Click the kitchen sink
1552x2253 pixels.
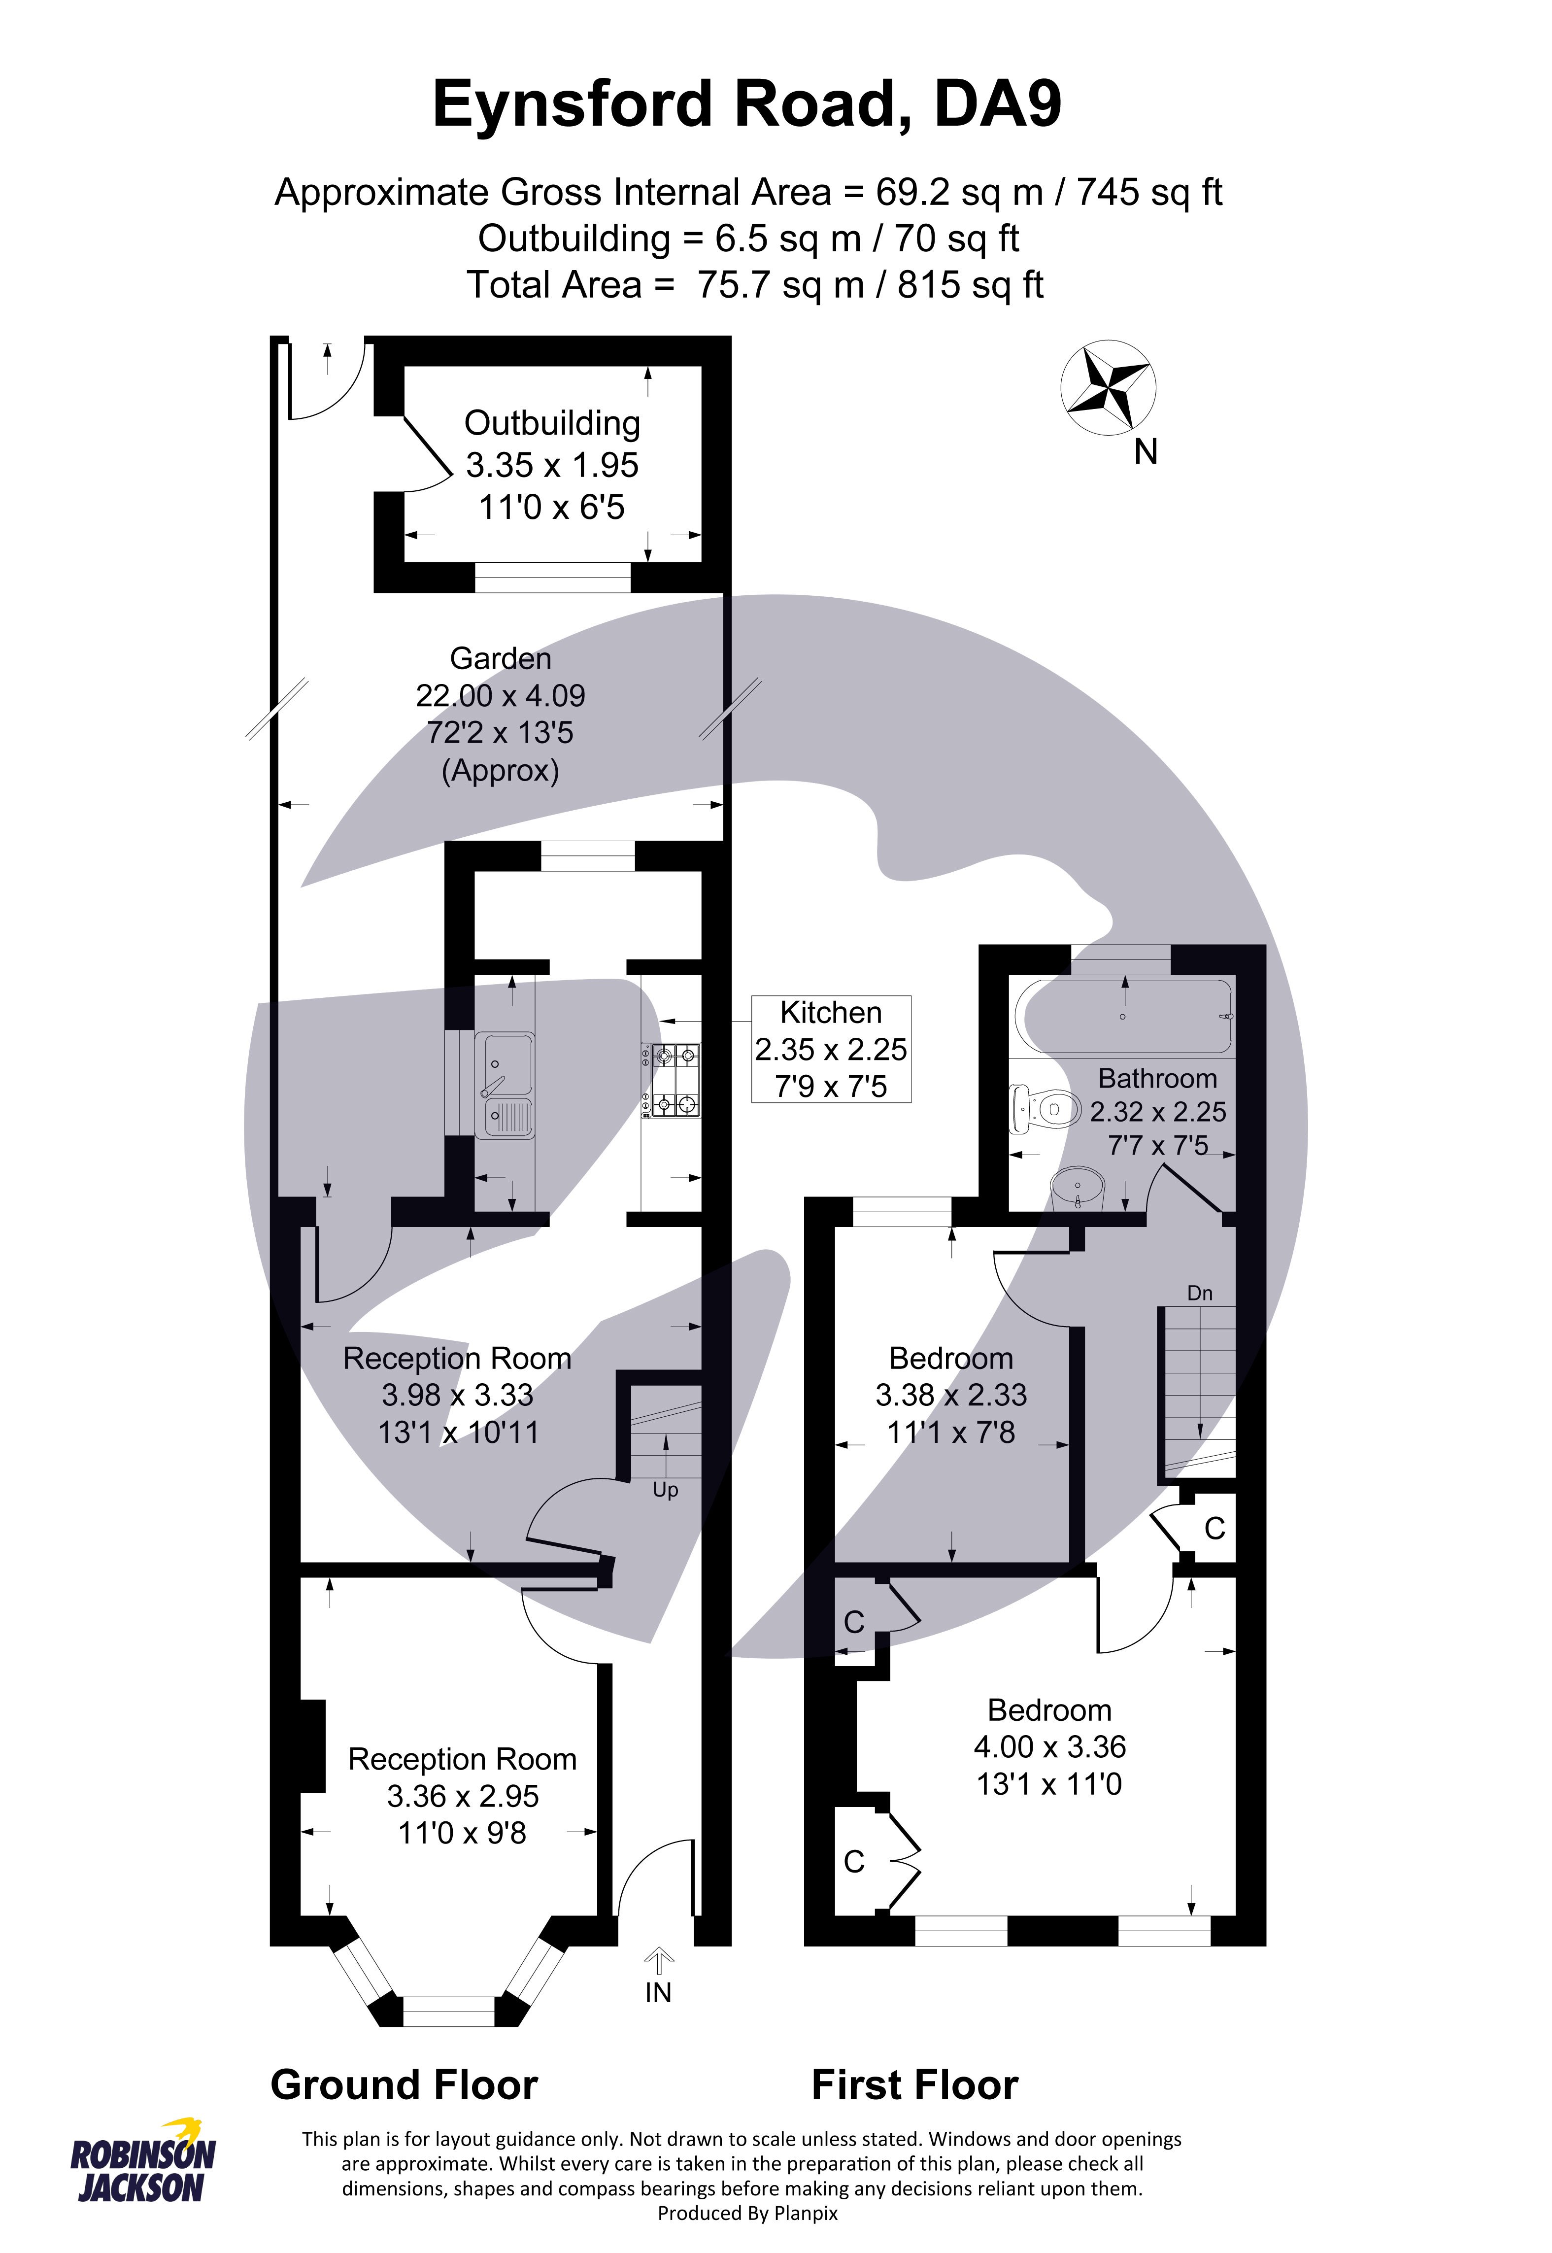504,1085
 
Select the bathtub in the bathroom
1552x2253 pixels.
1123,1017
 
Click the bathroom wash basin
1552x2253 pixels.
1080,1188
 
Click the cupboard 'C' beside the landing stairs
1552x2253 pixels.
1214,1530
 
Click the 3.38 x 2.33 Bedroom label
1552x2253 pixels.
951,1396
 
